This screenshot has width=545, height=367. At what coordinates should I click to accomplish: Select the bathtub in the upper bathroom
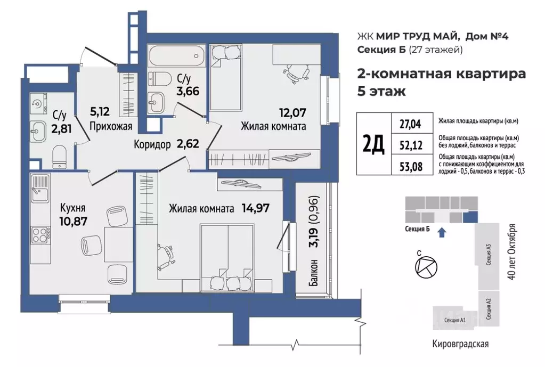(x=175, y=55)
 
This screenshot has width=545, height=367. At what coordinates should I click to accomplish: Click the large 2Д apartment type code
(x=373, y=144)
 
